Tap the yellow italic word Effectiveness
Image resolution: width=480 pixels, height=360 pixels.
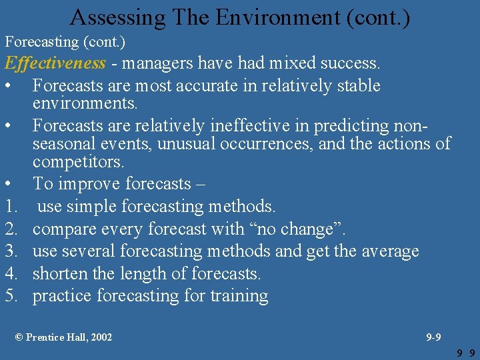click(x=55, y=63)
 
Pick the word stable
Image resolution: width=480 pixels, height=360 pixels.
click(x=355, y=86)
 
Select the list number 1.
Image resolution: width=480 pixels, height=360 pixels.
click(x=11, y=207)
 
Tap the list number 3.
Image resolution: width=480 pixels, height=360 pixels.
click(x=11, y=251)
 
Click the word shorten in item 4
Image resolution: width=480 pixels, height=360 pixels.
click(x=62, y=273)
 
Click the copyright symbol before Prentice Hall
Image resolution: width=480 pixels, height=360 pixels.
click(x=19, y=337)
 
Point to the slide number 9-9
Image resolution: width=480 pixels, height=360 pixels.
click(x=433, y=337)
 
